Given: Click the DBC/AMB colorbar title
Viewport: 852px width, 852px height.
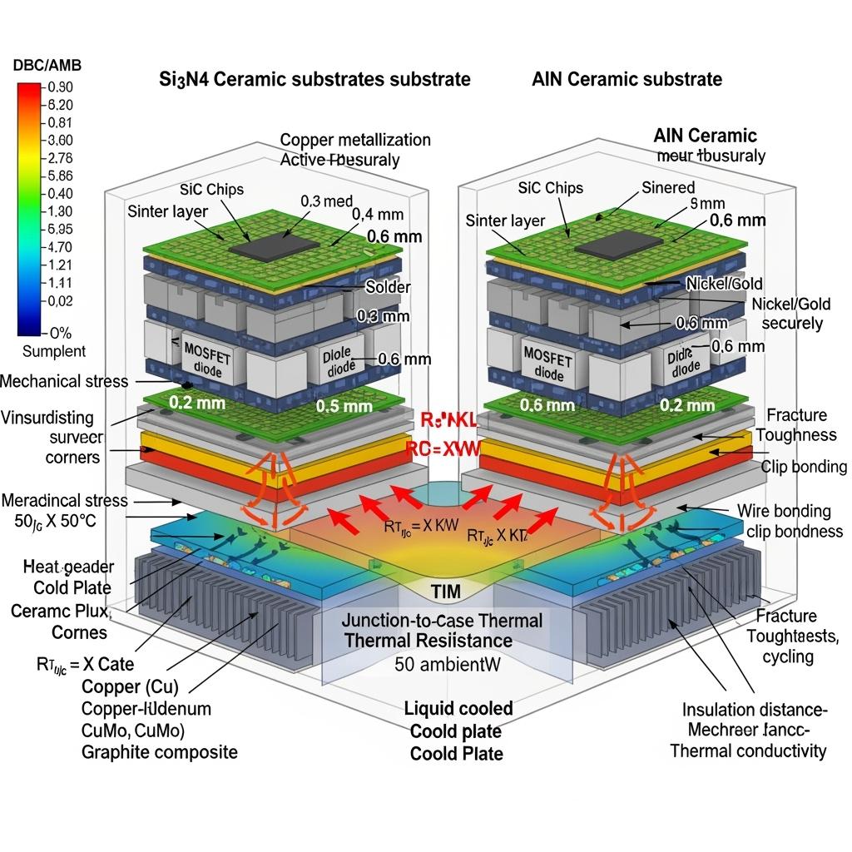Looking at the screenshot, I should pos(47,65).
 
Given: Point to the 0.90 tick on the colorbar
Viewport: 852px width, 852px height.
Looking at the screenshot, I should pos(62,87).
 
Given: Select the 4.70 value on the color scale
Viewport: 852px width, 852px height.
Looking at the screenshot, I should pos(62,246).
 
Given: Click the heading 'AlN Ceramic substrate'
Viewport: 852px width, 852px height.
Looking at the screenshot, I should pos(627,80).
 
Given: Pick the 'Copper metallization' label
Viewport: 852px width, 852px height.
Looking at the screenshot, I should pos(355,140).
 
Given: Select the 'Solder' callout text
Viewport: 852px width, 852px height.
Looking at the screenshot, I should pos(388,287).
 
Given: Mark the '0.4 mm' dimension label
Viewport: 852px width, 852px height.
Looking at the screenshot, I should pos(375,214).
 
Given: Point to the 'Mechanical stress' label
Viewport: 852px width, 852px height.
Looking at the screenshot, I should pos(65,381).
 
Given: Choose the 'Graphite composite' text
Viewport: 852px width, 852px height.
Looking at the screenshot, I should pos(160,752).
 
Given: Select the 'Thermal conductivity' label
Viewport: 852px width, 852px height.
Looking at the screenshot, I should pos(748,751).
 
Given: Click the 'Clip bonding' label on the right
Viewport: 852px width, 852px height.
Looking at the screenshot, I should pos(804,467).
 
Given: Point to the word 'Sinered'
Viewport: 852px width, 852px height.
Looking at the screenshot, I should pos(668,187).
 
